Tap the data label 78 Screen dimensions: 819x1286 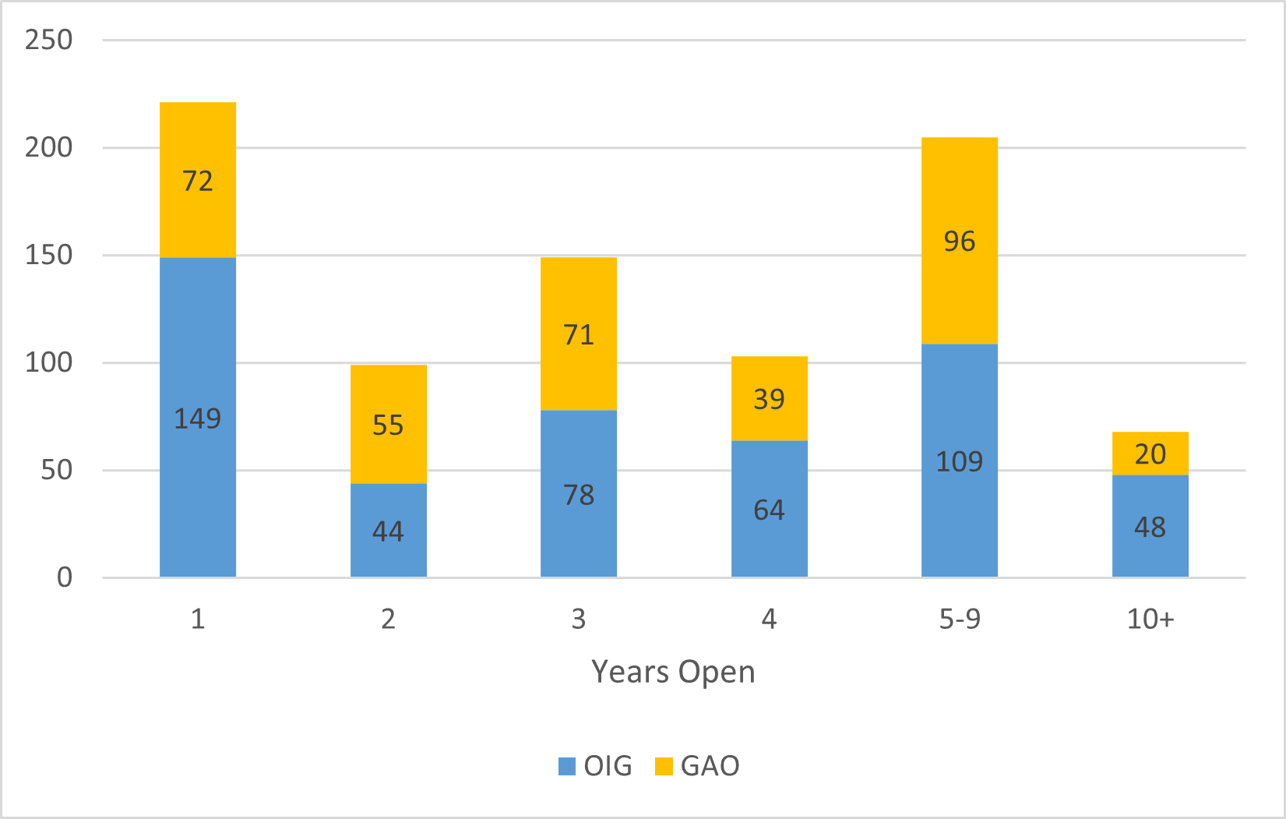[579, 495]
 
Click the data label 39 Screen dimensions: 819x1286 [769, 399]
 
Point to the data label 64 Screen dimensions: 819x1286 [769, 510]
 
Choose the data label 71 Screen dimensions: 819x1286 [579, 334]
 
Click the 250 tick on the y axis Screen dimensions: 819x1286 [48, 40]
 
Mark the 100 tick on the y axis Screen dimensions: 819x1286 [48, 362]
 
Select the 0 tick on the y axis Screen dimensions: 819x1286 [65, 577]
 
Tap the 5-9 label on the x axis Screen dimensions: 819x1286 [959, 619]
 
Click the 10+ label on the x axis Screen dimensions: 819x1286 [1150, 619]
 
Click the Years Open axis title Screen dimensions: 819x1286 [673, 672]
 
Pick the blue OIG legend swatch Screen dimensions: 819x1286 [567, 766]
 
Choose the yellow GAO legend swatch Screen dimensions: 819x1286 [664, 766]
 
